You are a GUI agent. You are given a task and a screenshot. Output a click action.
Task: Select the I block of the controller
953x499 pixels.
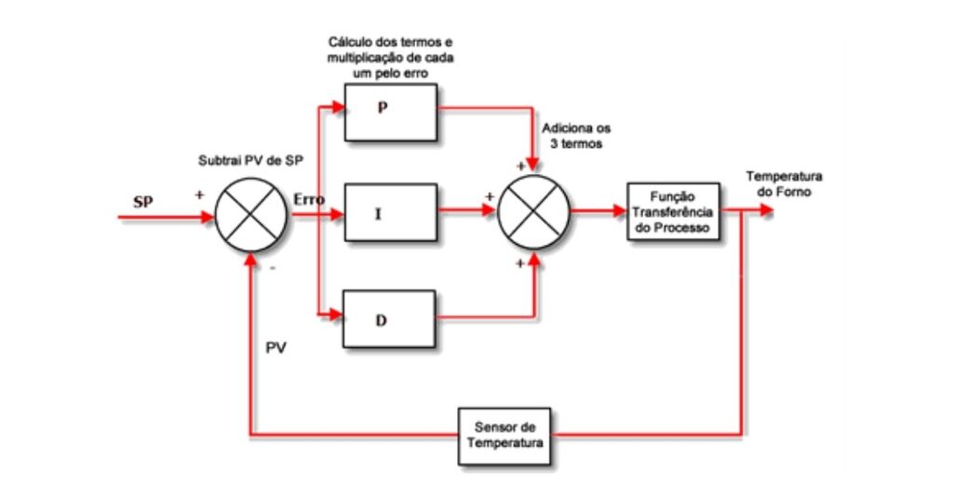390,212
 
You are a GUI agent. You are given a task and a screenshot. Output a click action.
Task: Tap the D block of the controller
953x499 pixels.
390,319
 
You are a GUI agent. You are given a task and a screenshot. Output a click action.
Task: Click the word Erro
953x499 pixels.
309,199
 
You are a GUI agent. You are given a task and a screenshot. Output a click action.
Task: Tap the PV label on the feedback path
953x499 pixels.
277,348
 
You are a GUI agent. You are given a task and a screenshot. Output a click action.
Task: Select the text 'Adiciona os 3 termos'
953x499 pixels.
579,137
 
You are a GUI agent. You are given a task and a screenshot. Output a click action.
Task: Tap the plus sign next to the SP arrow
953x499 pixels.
198,197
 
